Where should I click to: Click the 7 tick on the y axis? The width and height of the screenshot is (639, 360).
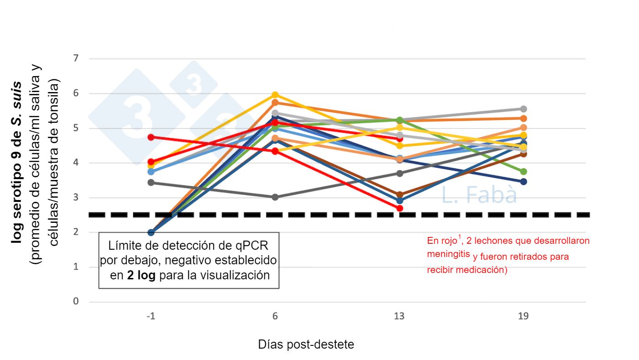pos(76,59)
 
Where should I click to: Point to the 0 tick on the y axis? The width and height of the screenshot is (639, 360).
pos(76,302)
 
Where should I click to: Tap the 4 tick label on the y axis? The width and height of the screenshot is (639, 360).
pos(76,163)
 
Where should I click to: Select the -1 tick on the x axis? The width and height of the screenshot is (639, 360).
pos(151,316)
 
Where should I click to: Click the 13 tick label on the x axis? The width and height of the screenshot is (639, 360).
pos(399,316)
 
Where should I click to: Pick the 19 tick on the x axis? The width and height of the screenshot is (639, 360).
pos(523,316)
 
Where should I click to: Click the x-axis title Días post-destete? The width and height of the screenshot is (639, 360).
pos(306,345)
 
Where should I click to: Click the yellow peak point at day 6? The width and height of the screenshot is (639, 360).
pos(275,95)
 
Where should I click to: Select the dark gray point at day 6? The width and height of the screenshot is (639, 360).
pos(275,197)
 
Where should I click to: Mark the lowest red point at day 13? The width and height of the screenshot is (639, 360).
pos(400,208)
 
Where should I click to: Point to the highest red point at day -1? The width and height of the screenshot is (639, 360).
pos(151,137)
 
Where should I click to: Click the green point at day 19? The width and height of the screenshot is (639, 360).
pos(524,172)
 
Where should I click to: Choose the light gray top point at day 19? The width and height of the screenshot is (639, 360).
pos(524,109)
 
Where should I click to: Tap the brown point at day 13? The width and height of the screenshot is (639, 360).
pos(400,195)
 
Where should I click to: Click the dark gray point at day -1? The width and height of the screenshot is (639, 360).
pos(151,183)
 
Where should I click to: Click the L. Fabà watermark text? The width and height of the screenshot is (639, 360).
pos(479,195)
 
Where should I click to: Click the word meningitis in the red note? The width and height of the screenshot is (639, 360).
pos(448,254)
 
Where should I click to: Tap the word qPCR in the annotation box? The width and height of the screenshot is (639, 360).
pos(251,246)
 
